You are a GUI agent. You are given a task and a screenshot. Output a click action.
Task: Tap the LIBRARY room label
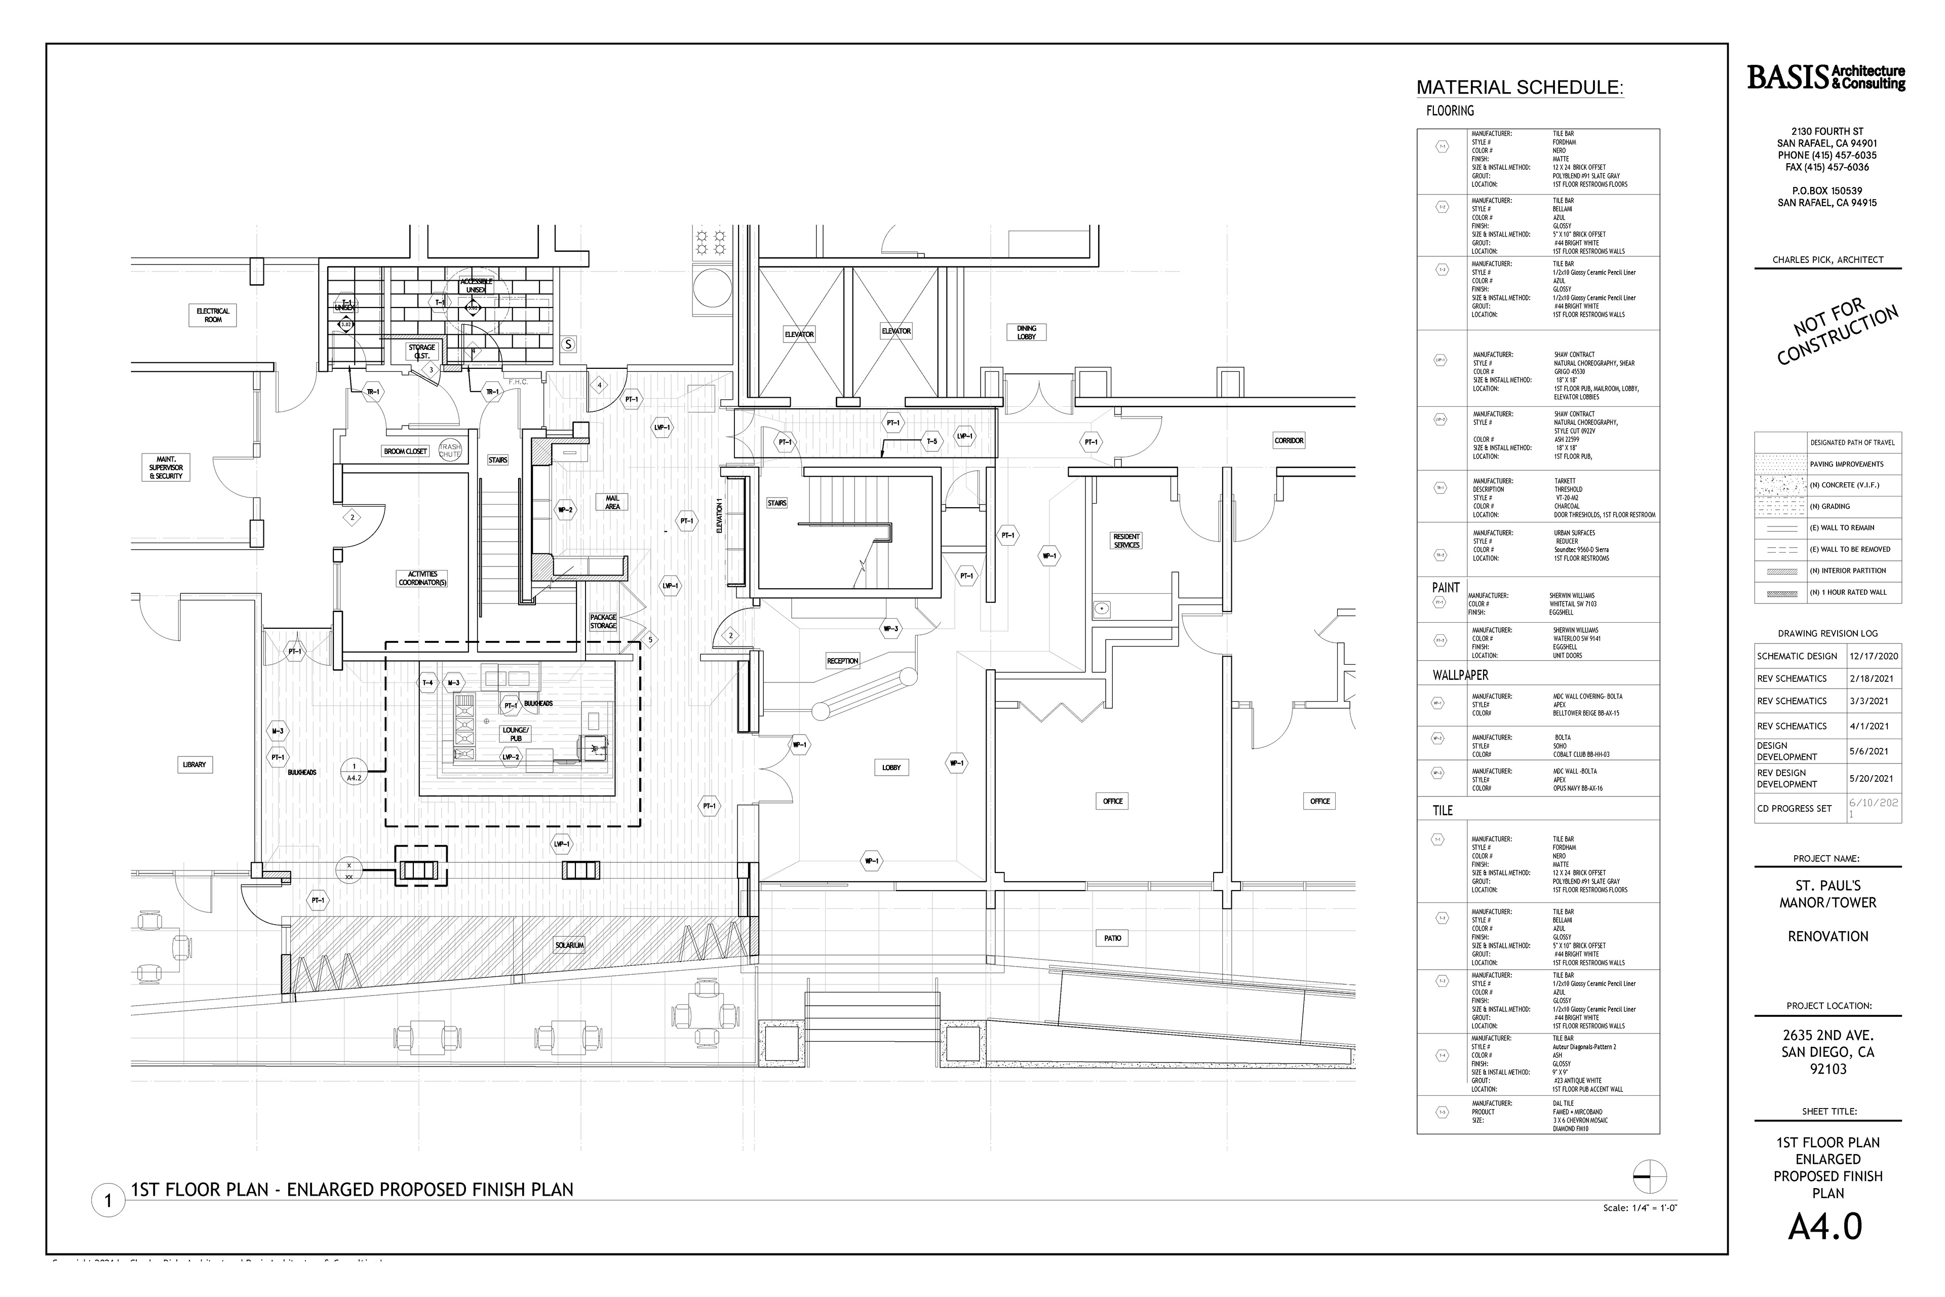point(194,765)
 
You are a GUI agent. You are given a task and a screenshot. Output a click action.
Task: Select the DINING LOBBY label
point(1026,332)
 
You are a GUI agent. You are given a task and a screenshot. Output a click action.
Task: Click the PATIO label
point(1112,938)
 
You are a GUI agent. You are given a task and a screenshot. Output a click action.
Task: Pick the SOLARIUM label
point(570,944)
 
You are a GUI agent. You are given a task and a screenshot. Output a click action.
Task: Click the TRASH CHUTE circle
point(450,450)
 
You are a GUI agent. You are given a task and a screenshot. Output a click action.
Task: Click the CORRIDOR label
point(1289,441)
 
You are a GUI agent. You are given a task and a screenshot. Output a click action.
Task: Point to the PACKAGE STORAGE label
point(603,621)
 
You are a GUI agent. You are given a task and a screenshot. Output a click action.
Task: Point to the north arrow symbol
point(1650,1176)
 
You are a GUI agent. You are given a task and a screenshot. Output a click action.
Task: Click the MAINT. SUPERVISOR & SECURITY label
point(166,467)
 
